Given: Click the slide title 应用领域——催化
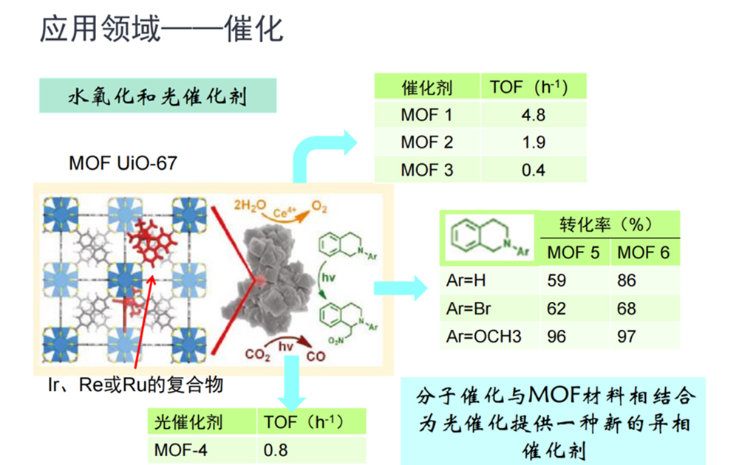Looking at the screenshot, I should tap(161, 30).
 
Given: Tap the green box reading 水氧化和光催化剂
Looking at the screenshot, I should tap(157, 97).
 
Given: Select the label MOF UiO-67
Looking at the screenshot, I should tap(123, 162).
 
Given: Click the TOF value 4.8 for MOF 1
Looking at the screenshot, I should tap(533, 115).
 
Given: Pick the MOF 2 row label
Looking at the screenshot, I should tap(426, 142).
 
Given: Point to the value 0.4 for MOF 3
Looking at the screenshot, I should tap(533, 170).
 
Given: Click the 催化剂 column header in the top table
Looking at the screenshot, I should tap(426, 87).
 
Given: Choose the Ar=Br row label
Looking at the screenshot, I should tap(469, 309).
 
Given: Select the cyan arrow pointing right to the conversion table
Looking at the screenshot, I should tap(400, 286).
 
